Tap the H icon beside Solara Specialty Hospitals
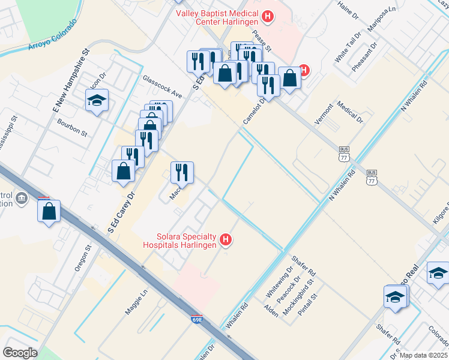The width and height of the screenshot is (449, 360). [x=226, y=240]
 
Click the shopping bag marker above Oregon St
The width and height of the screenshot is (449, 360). [x=49, y=211]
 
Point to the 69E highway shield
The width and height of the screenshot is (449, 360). [x=197, y=322]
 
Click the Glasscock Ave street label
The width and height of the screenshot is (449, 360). [x=161, y=86]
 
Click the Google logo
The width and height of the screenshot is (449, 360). [x=20, y=353]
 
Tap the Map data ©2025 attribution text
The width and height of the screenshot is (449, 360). [x=424, y=355]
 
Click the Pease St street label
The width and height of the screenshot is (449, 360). [x=262, y=41]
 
